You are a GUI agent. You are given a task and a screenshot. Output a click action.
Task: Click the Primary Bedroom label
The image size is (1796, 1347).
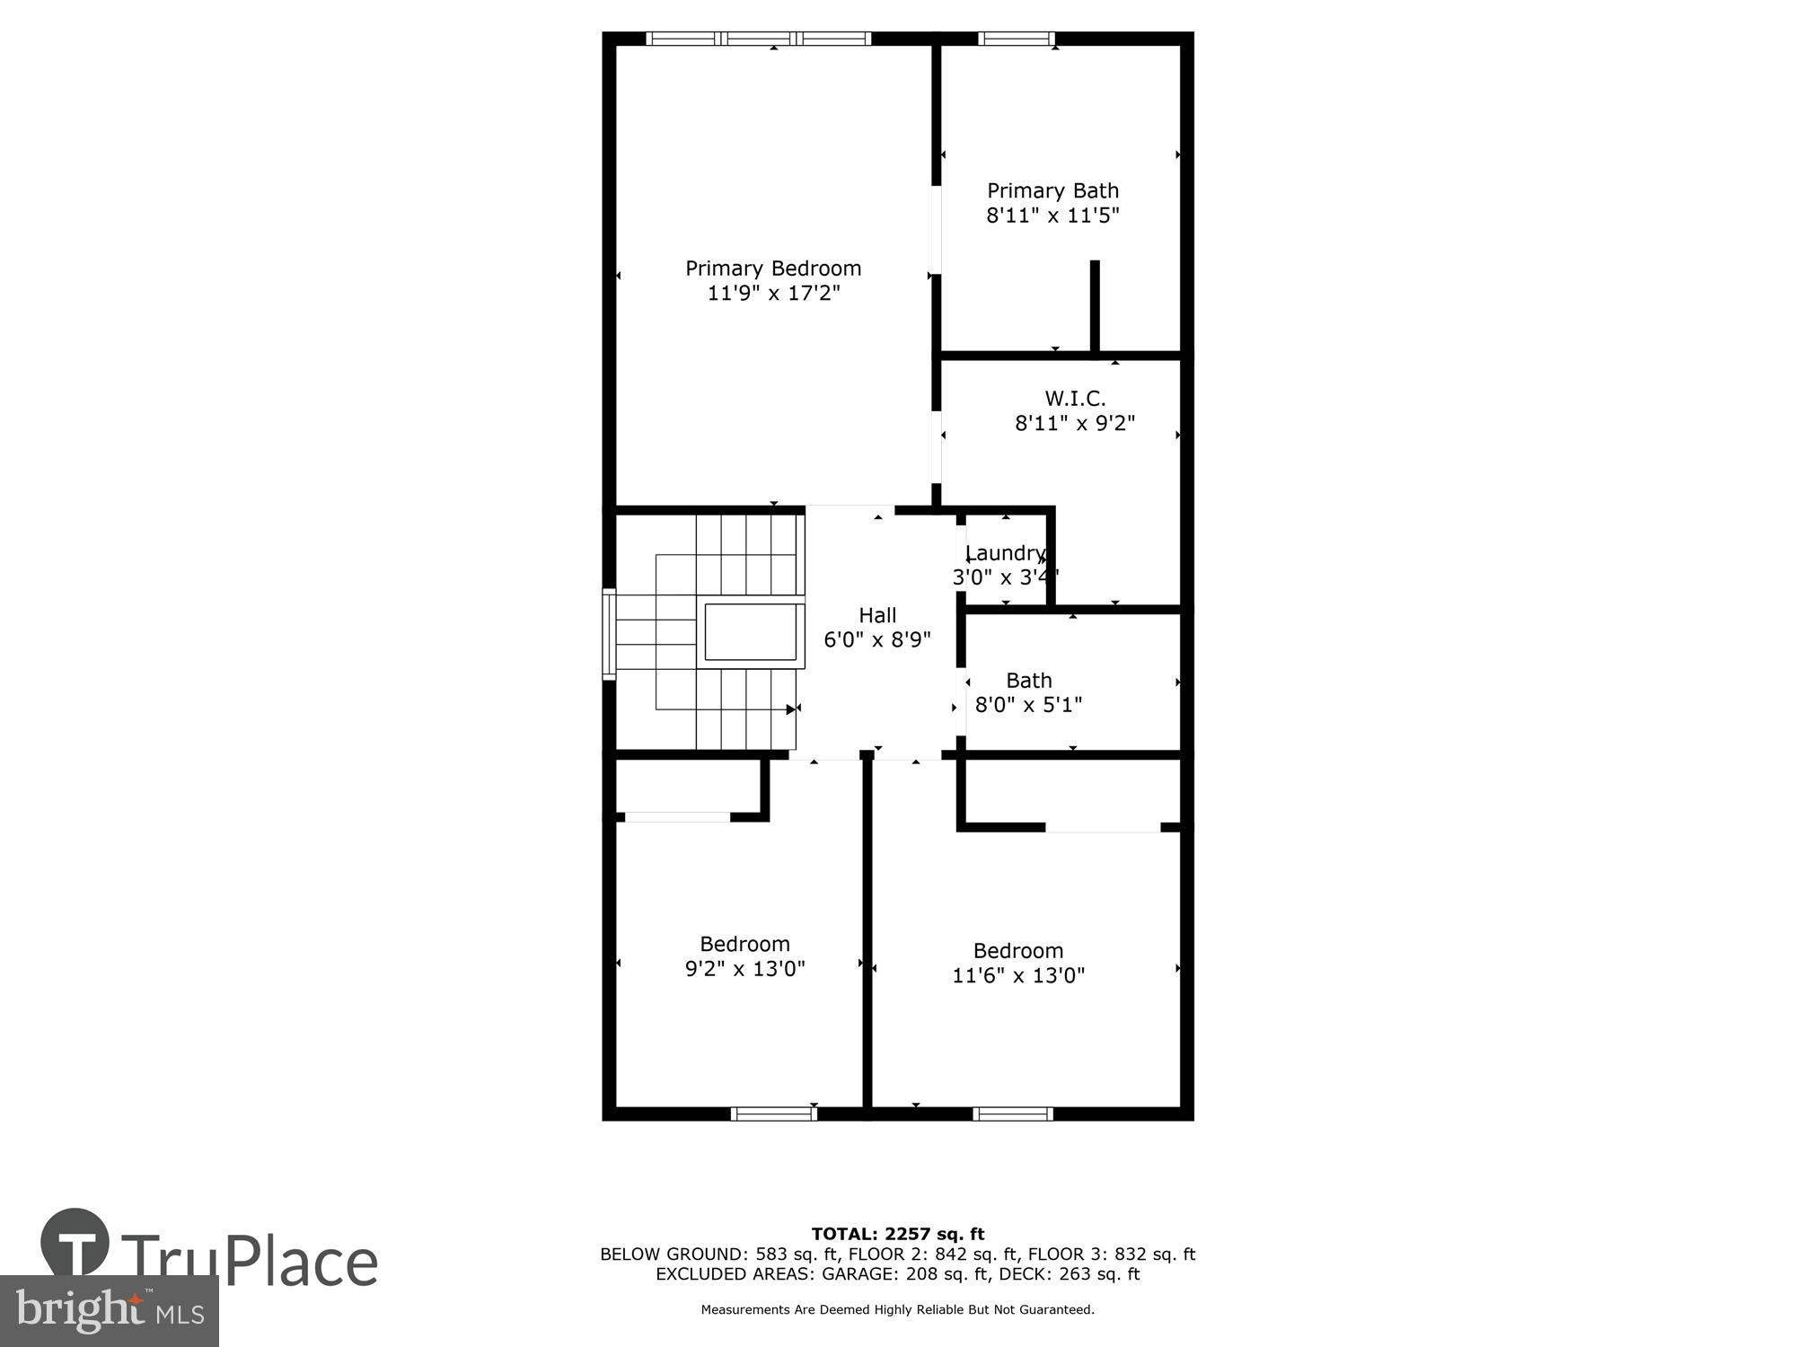pyautogui.click(x=773, y=269)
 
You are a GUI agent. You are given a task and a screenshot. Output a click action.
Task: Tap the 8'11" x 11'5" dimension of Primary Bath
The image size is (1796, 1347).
pyautogui.click(x=1052, y=216)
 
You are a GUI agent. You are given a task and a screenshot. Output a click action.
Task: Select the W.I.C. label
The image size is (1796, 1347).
pyautogui.click(x=1075, y=398)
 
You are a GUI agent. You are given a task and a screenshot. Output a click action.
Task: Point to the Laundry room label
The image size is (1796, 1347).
pyautogui.click(x=1004, y=553)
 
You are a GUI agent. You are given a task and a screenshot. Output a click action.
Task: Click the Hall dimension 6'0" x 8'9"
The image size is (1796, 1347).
pyautogui.click(x=877, y=640)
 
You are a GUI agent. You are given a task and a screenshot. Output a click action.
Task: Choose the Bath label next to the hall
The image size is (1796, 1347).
pyautogui.click(x=1028, y=681)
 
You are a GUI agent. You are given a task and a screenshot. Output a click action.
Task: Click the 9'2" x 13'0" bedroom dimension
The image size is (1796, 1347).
pyautogui.click(x=744, y=969)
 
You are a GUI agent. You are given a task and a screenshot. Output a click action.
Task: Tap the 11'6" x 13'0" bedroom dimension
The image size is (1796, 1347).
pyautogui.click(x=1018, y=975)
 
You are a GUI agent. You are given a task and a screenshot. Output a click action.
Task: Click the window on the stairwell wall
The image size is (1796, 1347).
pyautogui.click(x=609, y=634)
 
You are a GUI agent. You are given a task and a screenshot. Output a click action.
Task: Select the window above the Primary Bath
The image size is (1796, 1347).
pyautogui.click(x=1016, y=39)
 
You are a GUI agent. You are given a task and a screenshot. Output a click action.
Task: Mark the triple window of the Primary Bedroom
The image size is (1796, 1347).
pyautogui.click(x=759, y=39)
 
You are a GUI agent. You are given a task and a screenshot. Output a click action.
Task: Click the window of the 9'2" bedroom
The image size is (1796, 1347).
pyautogui.click(x=773, y=1114)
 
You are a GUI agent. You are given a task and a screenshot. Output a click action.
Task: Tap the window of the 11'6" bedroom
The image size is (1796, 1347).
pyautogui.click(x=1013, y=1114)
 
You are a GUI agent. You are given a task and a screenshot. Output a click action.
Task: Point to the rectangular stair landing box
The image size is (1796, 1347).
pyautogui.click(x=753, y=633)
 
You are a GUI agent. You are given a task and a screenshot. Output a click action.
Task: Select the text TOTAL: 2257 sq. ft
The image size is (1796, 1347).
pyautogui.click(x=897, y=1234)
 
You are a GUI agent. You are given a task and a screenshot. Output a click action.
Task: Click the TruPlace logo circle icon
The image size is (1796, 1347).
pyautogui.click(x=75, y=1244)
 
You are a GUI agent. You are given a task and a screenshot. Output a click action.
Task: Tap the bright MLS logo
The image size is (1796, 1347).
pyautogui.click(x=109, y=1310)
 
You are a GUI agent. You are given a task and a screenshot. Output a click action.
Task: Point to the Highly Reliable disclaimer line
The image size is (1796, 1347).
pyautogui.click(x=897, y=1310)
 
